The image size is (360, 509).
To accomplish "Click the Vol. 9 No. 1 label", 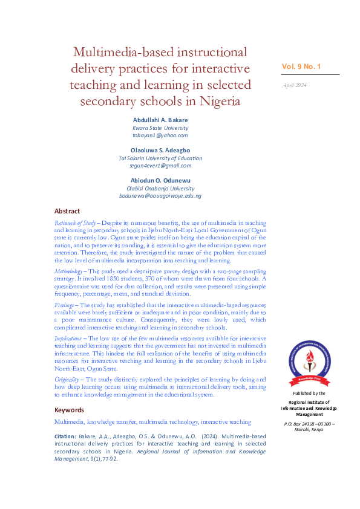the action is pyautogui.click(x=302, y=66).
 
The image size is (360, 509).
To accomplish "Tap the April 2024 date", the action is pyautogui.click(x=295, y=85).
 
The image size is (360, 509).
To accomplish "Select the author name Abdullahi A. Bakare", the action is pyautogui.click(x=160, y=120).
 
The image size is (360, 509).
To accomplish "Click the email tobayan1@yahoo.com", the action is pyautogui.click(x=160, y=136).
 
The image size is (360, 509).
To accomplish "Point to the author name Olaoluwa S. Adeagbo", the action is pyautogui.click(x=160, y=149).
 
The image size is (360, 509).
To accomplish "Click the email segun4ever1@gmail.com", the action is pyautogui.click(x=160, y=166).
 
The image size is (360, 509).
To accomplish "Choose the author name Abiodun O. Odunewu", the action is pyautogui.click(x=160, y=180).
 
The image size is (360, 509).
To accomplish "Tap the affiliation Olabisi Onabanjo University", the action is pyautogui.click(x=160, y=189).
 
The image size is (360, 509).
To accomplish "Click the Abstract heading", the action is pyautogui.click(x=67, y=211).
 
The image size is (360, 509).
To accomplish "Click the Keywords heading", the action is pyautogui.click(x=70, y=410).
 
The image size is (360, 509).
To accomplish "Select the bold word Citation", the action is pyautogui.click(x=65, y=436).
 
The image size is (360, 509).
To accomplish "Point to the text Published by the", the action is pyautogui.click(x=309, y=393).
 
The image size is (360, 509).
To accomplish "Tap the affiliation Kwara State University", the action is pyautogui.click(x=160, y=128).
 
